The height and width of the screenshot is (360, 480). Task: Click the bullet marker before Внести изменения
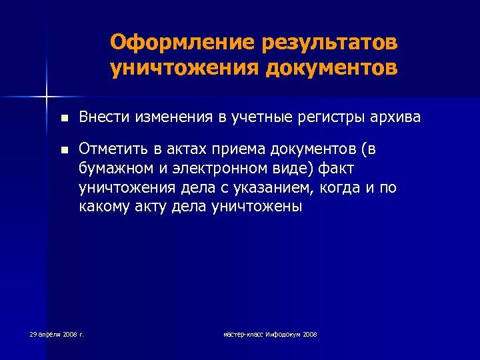pyautogui.click(x=63, y=119)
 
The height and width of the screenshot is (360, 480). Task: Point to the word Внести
pyautogui.click(x=101, y=118)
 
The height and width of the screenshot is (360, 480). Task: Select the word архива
pyautogui.click(x=397, y=118)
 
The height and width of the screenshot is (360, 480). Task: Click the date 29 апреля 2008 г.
pyautogui.click(x=57, y=333)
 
